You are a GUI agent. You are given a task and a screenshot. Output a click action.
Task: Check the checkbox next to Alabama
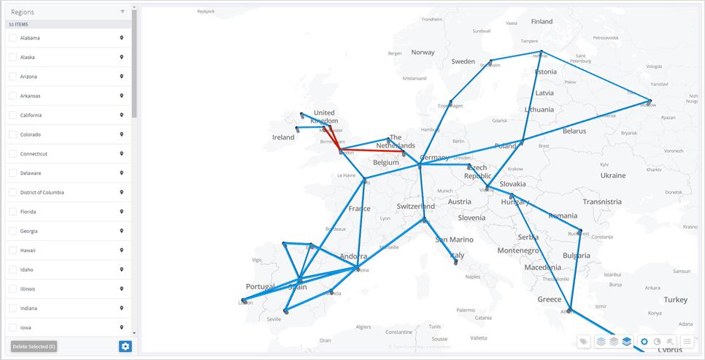click(12, 38)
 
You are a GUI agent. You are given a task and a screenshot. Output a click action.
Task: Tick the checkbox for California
click(12, 115)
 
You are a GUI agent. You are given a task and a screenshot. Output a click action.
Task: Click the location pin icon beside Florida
click(122, 212)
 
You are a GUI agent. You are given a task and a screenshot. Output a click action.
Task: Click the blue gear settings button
click(126, 346)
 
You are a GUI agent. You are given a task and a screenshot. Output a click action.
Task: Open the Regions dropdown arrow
click(122, 12)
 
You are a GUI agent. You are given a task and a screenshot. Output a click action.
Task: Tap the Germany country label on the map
click(435, 158)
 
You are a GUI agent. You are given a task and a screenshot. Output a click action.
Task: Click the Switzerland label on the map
click(415, 207)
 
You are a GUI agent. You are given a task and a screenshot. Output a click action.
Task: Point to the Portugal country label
click(260, 286)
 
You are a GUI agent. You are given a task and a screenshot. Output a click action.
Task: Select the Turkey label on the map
click(675, 299)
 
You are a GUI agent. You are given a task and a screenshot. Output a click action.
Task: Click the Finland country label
click(542, 21)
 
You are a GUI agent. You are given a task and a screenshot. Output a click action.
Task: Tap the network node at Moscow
click(650, 102)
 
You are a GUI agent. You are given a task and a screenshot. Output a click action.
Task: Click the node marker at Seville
click(286, 312)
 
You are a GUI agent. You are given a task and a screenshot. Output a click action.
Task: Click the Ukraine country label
click(612, 175)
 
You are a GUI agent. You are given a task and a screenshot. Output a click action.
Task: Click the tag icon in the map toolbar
click(583, 341)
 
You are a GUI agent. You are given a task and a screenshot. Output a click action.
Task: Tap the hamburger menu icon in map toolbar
click(687, 341)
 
